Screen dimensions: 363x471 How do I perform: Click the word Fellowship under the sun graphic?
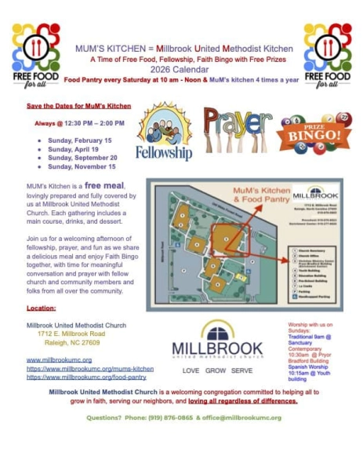[x=163, y=152]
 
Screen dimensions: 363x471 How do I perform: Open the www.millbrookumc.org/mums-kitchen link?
[x=90, y=368]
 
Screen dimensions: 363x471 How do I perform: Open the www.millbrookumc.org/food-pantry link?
[x=86, y=377]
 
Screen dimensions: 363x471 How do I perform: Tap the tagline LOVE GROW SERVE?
[x=217, y=370]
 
